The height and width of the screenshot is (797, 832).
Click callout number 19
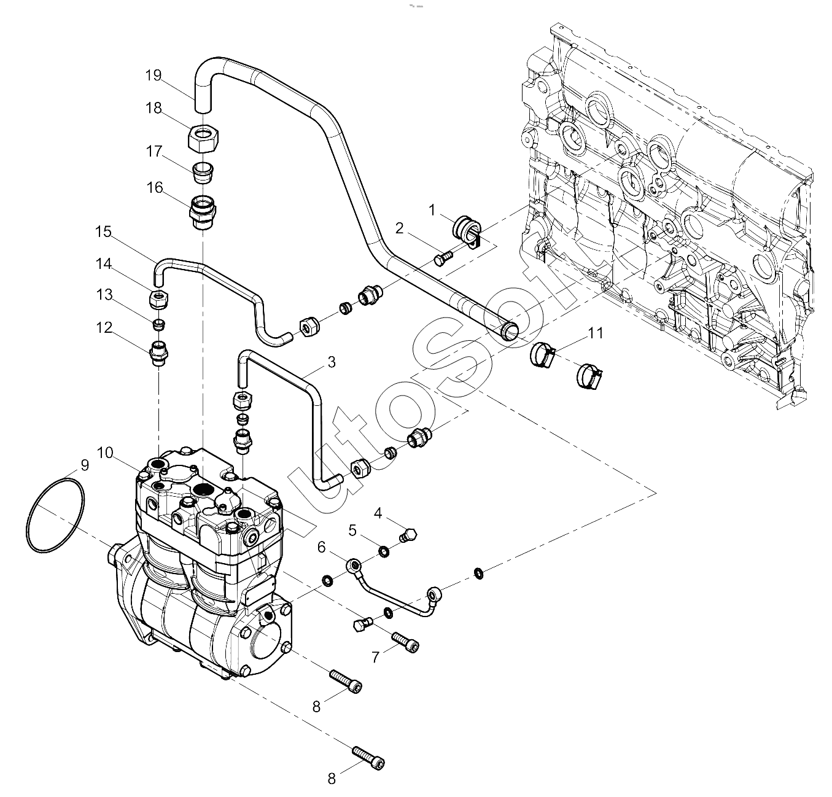pyautogui.click(x=154, y=76)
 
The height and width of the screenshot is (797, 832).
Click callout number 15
pyautogui.click(x=103, y=232)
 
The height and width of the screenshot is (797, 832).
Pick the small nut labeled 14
pyautogui.click(x=160, y=299)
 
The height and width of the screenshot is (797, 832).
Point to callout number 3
pyautogui.click(x=332, y=362)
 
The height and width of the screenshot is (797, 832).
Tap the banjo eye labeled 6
pyautogui.click(x=354, y=565)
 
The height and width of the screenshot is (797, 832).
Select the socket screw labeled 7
pyautogui.click(x=406, y=644)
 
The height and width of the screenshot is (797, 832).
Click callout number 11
pyautogui.click(x=595, y=334)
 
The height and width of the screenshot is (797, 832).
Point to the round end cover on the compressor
pyautogui.click(x=268, y=641)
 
